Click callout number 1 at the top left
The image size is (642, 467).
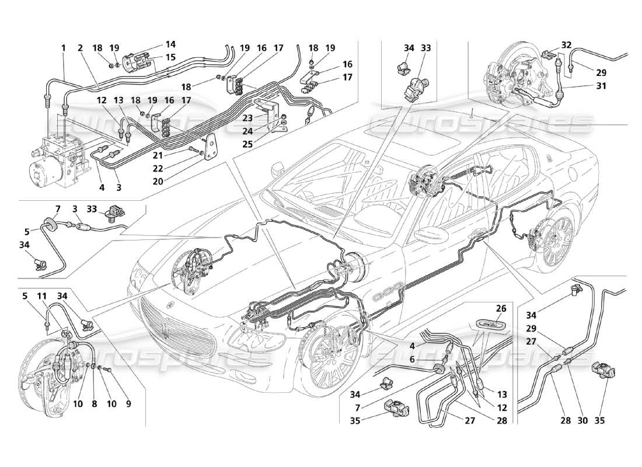[62, 48]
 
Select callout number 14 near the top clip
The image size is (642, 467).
[154, 44]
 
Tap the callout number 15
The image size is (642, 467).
[154, 57]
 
